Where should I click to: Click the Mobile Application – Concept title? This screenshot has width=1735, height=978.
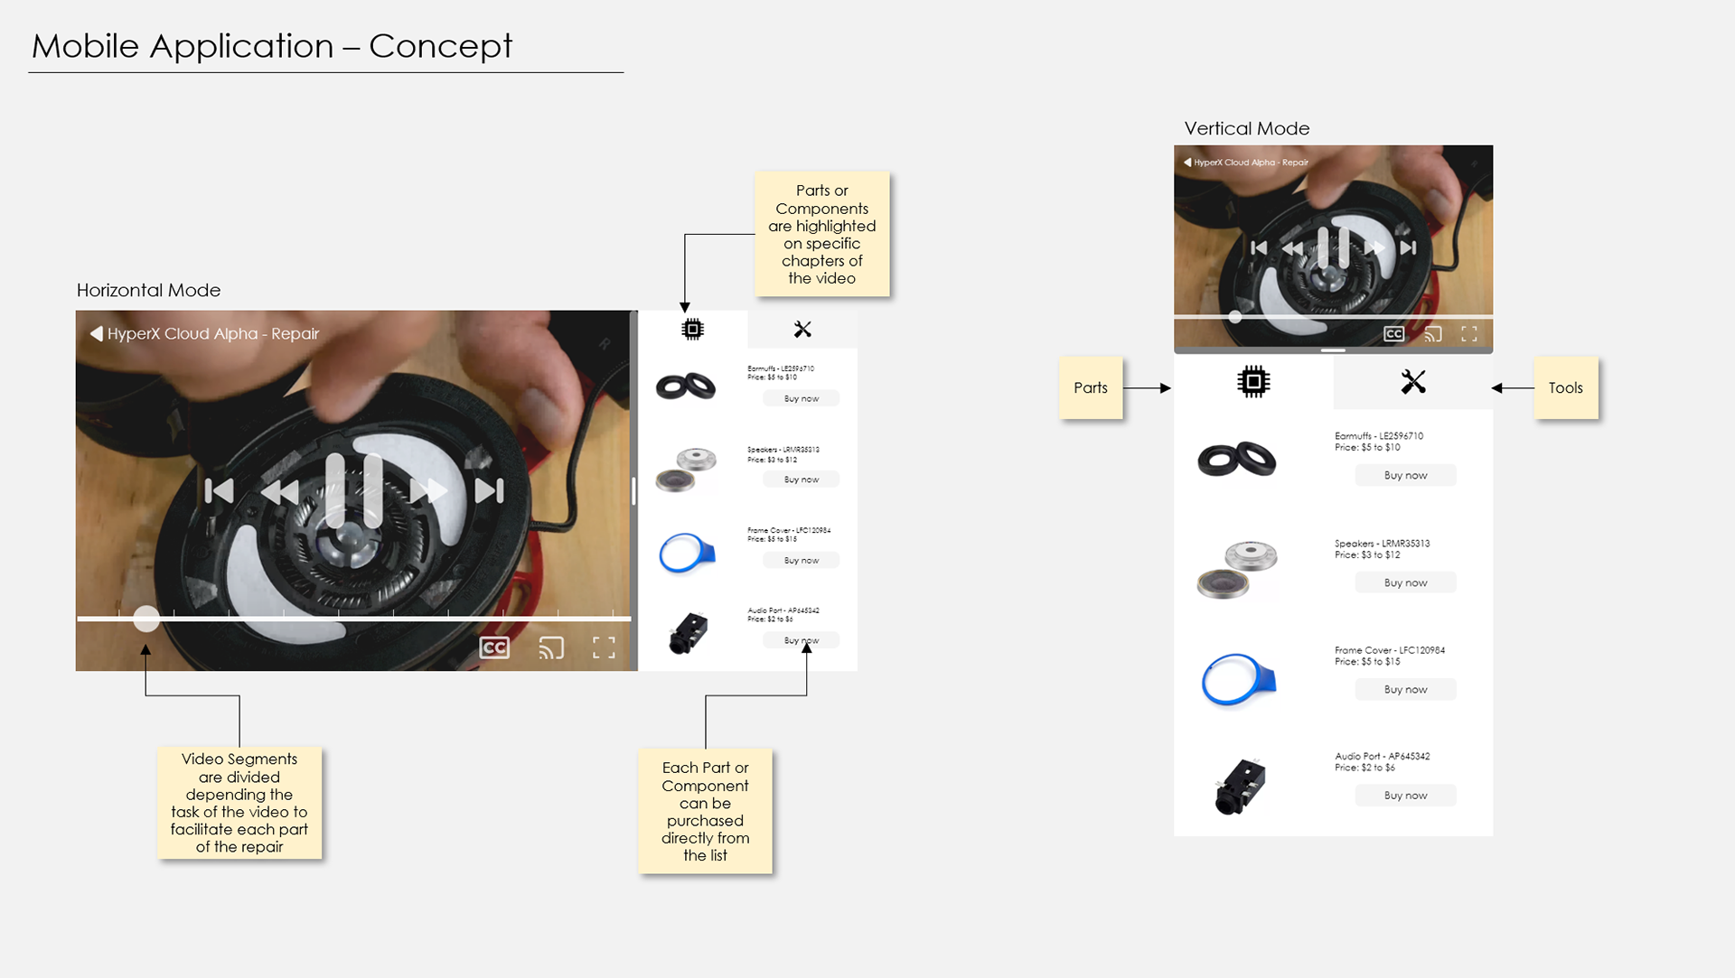272,46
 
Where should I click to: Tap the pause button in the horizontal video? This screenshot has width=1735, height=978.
354,490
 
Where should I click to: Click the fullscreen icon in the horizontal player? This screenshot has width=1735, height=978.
604,647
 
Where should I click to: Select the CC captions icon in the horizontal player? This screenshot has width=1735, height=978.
494,647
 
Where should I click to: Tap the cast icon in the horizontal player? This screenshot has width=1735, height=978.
551,647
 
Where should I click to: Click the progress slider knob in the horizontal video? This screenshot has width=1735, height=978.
146,619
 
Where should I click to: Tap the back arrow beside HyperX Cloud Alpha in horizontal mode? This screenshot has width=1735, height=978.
96,333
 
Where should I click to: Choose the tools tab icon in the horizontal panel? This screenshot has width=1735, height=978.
802,330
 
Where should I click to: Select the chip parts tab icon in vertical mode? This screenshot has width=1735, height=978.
1253,382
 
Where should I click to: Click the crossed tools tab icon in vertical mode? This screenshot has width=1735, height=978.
1413,382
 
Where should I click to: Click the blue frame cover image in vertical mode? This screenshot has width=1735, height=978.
1238,679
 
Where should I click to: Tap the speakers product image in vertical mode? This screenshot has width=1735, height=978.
1237,570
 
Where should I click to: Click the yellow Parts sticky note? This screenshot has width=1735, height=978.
1091,387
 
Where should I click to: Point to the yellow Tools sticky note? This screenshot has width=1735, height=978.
1566,387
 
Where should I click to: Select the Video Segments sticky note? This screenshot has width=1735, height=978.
239,803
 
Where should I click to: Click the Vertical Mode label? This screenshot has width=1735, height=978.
1247,128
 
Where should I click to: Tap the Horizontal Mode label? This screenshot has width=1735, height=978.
149,290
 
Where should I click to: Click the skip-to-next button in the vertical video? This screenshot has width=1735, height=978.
1408,247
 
